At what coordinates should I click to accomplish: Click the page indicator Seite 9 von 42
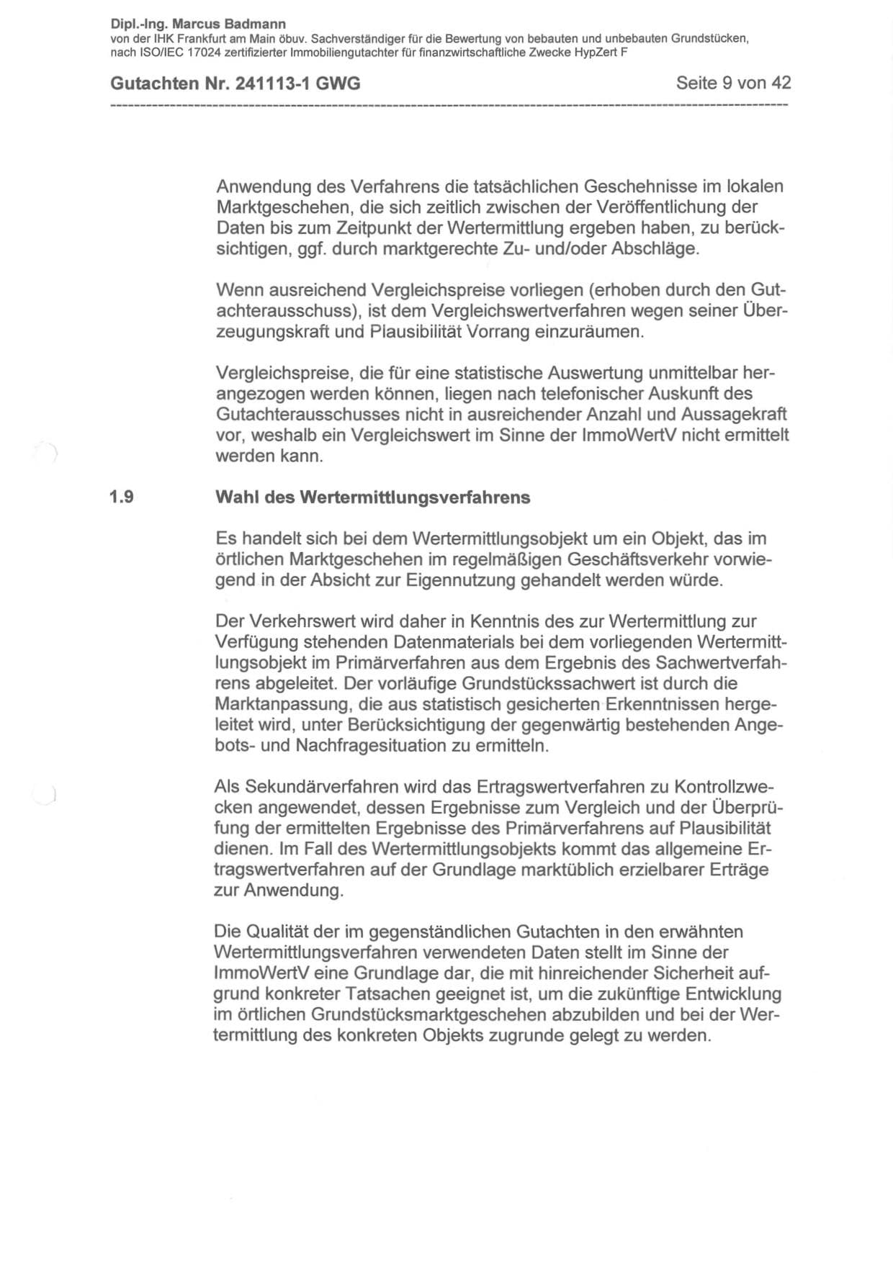733,83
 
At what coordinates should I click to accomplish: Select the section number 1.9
121,497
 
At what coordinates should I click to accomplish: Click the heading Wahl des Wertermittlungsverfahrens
372,497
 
